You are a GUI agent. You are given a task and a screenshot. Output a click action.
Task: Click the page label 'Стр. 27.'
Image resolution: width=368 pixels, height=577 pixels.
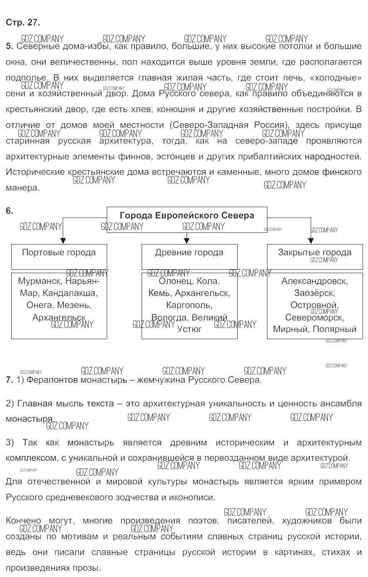click(x=23, y=22)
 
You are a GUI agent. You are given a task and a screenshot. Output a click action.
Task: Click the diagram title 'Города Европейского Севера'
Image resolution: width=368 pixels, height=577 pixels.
click(x=187, y=215)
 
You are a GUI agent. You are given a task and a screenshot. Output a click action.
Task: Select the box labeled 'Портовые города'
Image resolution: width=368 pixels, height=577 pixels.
click(x=59, y=253)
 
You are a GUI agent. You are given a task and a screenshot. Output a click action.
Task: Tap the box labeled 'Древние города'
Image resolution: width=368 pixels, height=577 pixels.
click(x=189, y=253)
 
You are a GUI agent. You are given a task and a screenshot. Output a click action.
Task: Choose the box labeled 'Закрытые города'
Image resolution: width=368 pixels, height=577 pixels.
click(x=314, y=253)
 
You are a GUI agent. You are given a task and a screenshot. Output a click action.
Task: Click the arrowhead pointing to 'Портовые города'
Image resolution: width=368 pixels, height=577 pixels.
click(x=63, y=240)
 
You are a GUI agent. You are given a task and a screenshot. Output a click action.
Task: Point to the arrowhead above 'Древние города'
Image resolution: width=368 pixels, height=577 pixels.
click(x=186, y=240)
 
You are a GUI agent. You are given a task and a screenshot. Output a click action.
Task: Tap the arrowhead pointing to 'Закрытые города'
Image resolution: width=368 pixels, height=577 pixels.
click(x=310, y=240)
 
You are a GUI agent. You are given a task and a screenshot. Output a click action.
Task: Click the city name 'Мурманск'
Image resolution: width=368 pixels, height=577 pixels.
click(x=39, y=281)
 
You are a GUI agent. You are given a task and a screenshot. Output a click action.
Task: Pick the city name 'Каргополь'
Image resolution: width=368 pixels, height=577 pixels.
click(x=189, y=305)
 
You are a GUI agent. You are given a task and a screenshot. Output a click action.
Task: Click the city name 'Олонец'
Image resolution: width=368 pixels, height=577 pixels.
click(x=175, y=281)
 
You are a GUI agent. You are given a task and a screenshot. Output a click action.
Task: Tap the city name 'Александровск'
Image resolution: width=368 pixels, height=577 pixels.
click(x=314, y=281)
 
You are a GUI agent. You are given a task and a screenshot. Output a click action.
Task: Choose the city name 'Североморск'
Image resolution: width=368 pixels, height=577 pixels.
click(x=314, y=318)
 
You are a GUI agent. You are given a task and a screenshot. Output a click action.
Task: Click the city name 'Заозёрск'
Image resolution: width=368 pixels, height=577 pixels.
click(x=314, y=293)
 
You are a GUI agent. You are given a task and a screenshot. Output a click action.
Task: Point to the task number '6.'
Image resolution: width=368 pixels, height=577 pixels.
click(x=10, y=211)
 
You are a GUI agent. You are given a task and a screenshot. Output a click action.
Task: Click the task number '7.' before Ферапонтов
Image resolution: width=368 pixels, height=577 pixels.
click(x=10, y=380)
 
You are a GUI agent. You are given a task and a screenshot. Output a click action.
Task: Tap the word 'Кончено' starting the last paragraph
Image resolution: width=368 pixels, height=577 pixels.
click(x=24, y=521)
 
